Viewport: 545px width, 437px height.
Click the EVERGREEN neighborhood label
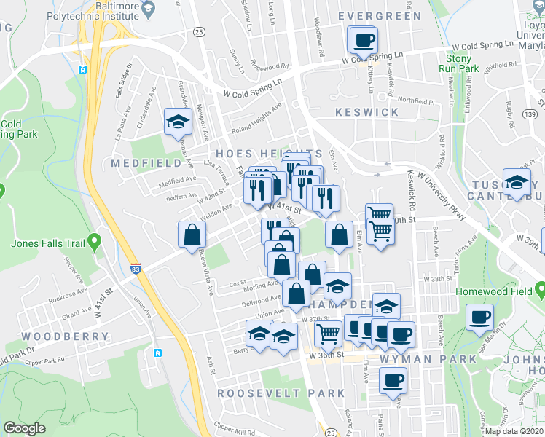pyautogui.click(x=379, y=16)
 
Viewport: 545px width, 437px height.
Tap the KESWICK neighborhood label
pyautogui.click(x=367, y=112)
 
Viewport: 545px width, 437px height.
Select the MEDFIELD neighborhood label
pyautogui.click(x=141, y=164)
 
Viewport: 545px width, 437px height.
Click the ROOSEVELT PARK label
pyautogui.click(x=281, y=393)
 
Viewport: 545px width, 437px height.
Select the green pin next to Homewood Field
pyautogui.click(x=540, y=292)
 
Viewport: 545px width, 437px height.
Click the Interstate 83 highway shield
pyautogui.click(x=136, y=269)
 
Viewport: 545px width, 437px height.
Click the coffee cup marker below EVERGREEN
pyautogui.click(x=362, y=41)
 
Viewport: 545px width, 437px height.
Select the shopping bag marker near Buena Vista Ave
pyautogui.click(x=191, y=234)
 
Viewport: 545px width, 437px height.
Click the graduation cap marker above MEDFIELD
pyautogui.click(x=176, y=122)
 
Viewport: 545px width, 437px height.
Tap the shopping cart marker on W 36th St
pyautogui.click(x=328, y=334)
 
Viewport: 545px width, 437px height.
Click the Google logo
pyautogui.click(x=24, y=428)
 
